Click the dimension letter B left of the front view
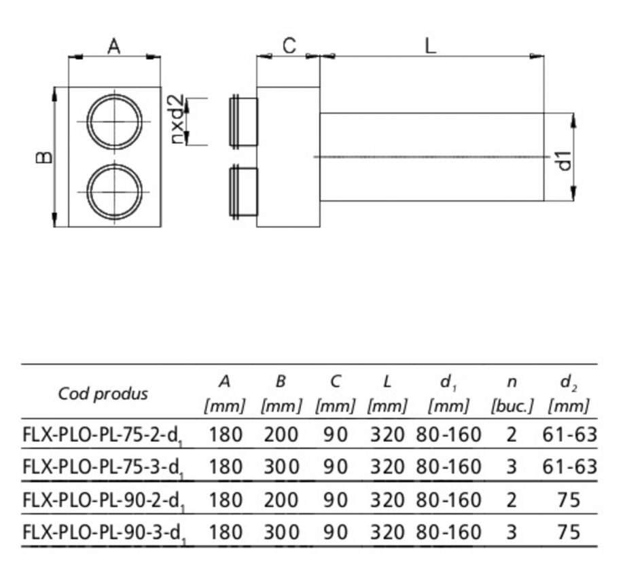[43, 157]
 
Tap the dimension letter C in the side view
[289, 45]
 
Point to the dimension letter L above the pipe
[430, 45]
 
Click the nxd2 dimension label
[177, 122]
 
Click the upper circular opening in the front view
[115, 122]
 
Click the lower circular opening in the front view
[115, 189]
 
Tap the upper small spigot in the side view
[243, 122]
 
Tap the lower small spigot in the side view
[243, 191]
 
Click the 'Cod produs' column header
[103, 394]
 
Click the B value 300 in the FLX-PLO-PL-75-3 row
[281, 467]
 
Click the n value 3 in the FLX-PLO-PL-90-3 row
[511, 532]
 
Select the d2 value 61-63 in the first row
[569, 434]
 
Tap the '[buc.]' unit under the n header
[512, 407]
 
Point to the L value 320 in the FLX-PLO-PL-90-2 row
[387, 500]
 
